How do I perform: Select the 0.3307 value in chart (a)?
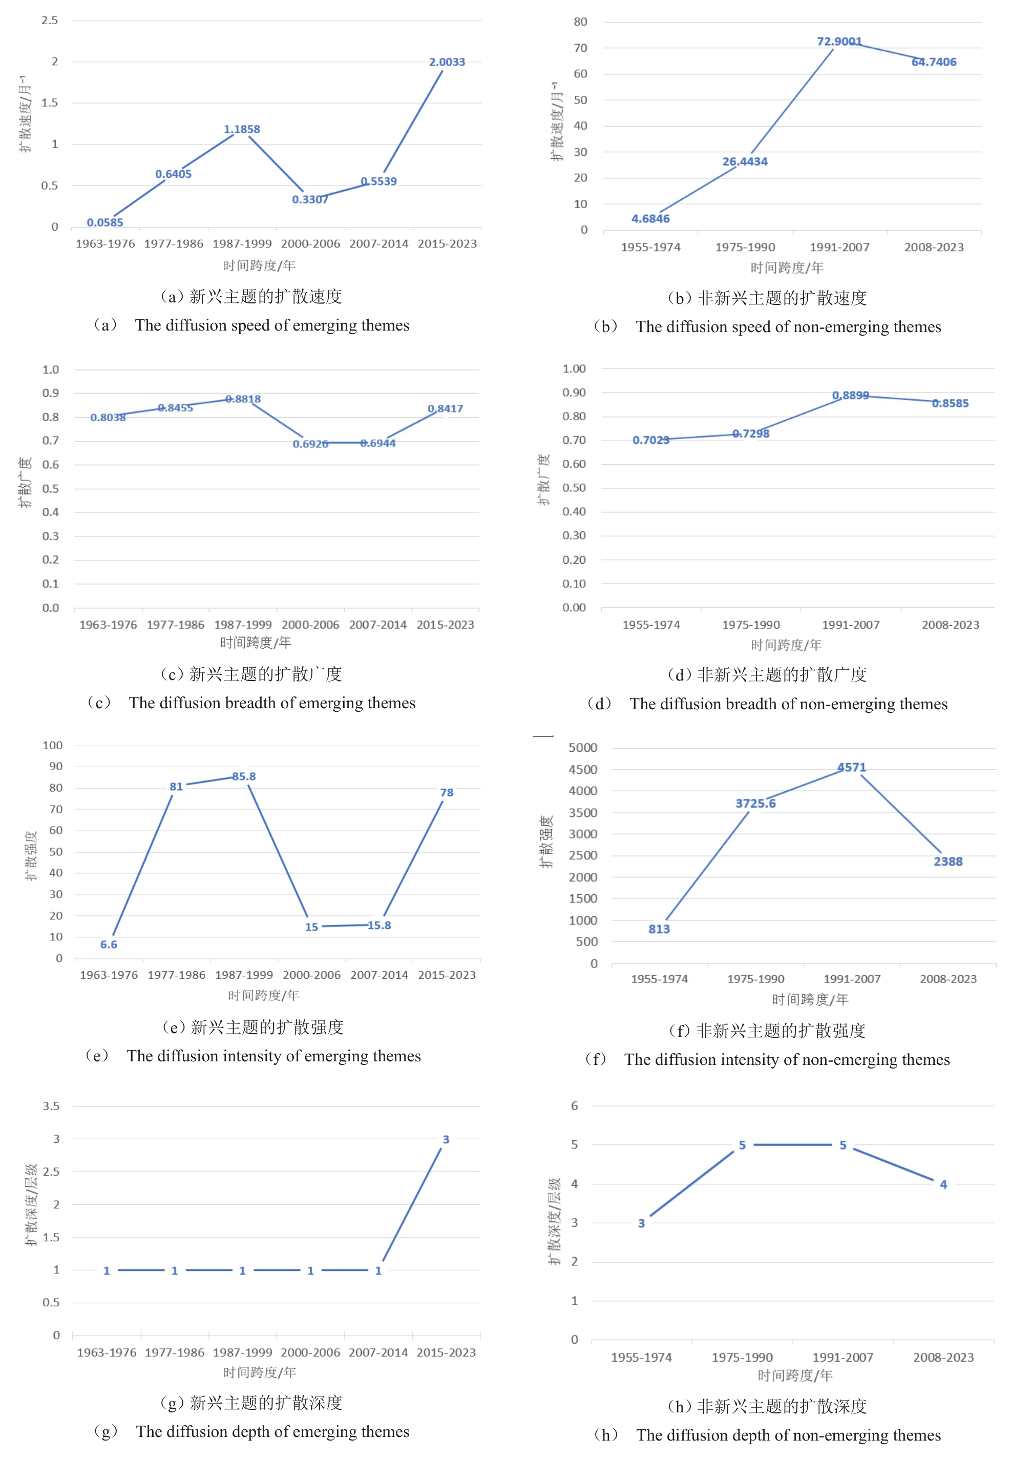tap(310, 200)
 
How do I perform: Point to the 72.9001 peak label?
tap(839, 42)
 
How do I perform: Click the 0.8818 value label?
tap(243, 399)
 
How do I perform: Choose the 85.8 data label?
tap(243, 776)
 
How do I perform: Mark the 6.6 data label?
tap(109, 944)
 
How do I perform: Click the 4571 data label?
tap(852, 767)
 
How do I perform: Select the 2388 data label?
tap(947, 861)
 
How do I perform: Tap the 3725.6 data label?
tap(755, 804)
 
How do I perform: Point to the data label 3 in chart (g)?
tap(446, 1140)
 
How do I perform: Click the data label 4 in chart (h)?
tap(944, 1185)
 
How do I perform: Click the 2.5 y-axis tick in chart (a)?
tap(50, 20)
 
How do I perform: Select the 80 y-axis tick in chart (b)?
tap(580, 22)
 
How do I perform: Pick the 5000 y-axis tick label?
tap(583, 748)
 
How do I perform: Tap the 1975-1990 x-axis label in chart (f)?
tap(755, 979)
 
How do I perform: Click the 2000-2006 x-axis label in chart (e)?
tap(311, 975)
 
